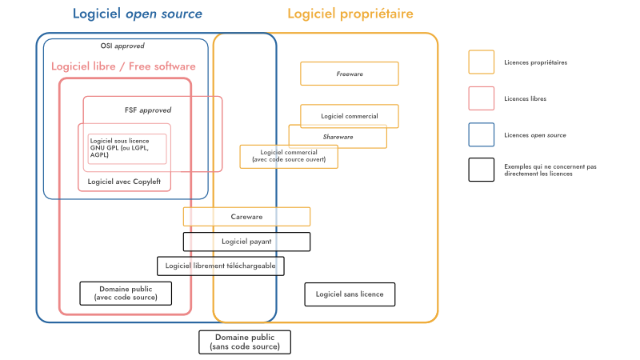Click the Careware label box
pos(246,217)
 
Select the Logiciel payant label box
pos(246,242)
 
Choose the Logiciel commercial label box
pos(289,156)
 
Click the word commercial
pos(302,152)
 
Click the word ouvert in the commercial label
pos(314,160)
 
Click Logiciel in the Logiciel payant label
pos(235,242)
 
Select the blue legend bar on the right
pos(554,134)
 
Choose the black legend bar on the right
pos(554,170)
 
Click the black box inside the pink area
pos(134,293)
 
